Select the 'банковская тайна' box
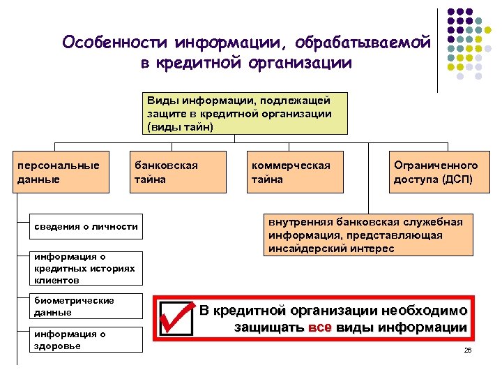[178, 172]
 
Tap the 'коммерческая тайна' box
[297, 172]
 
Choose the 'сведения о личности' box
[86, 226]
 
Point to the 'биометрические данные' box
[86, 306]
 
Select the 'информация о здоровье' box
[86, 339]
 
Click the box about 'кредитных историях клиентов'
[86, 268]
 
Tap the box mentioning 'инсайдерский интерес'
[365, 235]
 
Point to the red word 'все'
[318, 328]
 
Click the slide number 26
[468, 349]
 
